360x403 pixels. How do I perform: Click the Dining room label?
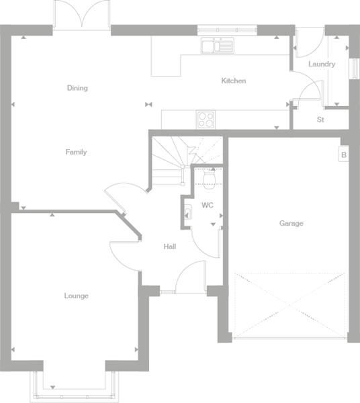pyautogui.click(x=77, y=88)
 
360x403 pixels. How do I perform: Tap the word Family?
pyautogui.click(x=76, y=152)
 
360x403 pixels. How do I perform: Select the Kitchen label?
pyautogui.click(x=234, y=81)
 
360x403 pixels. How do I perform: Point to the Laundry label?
pyautogui.click(x=322, y=64)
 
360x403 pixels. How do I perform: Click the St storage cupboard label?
pyautogui.click(x=320, y=120)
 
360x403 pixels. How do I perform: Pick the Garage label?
pyautogui.click(x=291, y=224)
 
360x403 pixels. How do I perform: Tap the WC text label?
pyautogui.click(x=207, y=206)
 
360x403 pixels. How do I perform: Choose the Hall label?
pyautogui.click(x=170, y=247)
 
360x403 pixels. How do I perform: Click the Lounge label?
pyautogui.click(x=76, y=296)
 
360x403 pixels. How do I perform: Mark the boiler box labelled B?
pyautogui.click(x=344, y=154)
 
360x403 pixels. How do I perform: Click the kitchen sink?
pyautogui.click(x=216, y=46)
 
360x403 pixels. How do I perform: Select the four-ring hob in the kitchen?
pyautogui.click(x=206, y=119)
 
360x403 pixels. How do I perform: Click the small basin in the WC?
pyautogui.click(x=187, y=214)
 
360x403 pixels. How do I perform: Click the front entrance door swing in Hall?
pyautogui.click(x=192, y=277)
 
